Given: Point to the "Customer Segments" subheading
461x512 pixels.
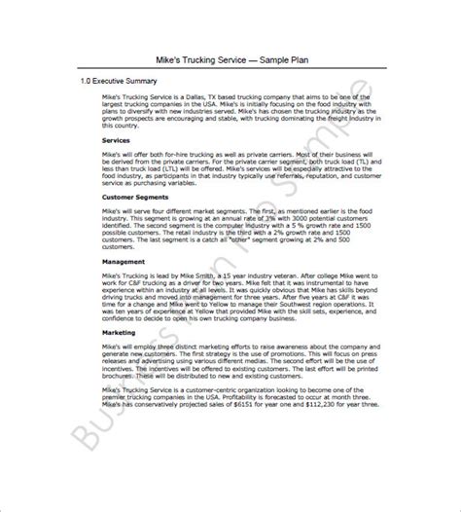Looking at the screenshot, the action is (134, 197).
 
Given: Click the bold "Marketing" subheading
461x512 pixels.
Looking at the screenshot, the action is (120, 332).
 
